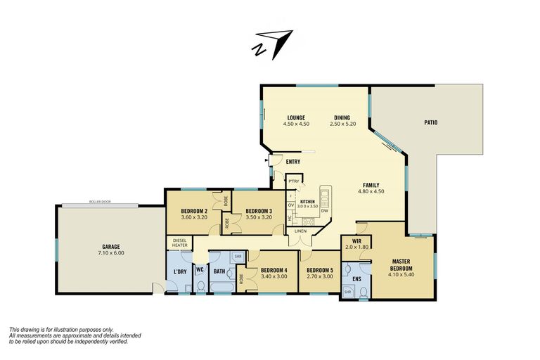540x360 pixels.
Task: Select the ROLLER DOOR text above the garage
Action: point(99,202)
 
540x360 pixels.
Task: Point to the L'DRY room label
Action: point(179,271)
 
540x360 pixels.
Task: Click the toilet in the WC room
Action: point(200,285)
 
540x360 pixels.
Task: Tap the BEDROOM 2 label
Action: point(193,211)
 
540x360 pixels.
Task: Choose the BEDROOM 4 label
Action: point(274,270)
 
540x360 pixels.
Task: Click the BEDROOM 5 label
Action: point(319,270)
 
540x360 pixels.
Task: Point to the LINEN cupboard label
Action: point(301,231)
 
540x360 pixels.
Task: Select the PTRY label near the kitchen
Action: point(293,181)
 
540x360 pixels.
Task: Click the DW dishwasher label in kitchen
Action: point(324,211)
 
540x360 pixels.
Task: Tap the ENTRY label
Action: point(293,162)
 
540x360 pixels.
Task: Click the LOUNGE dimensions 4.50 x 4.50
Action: point(295,124)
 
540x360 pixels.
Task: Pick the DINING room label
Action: point(342,117)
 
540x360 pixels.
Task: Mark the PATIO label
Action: point(430,122)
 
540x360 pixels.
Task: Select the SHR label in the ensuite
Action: point(347,291)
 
